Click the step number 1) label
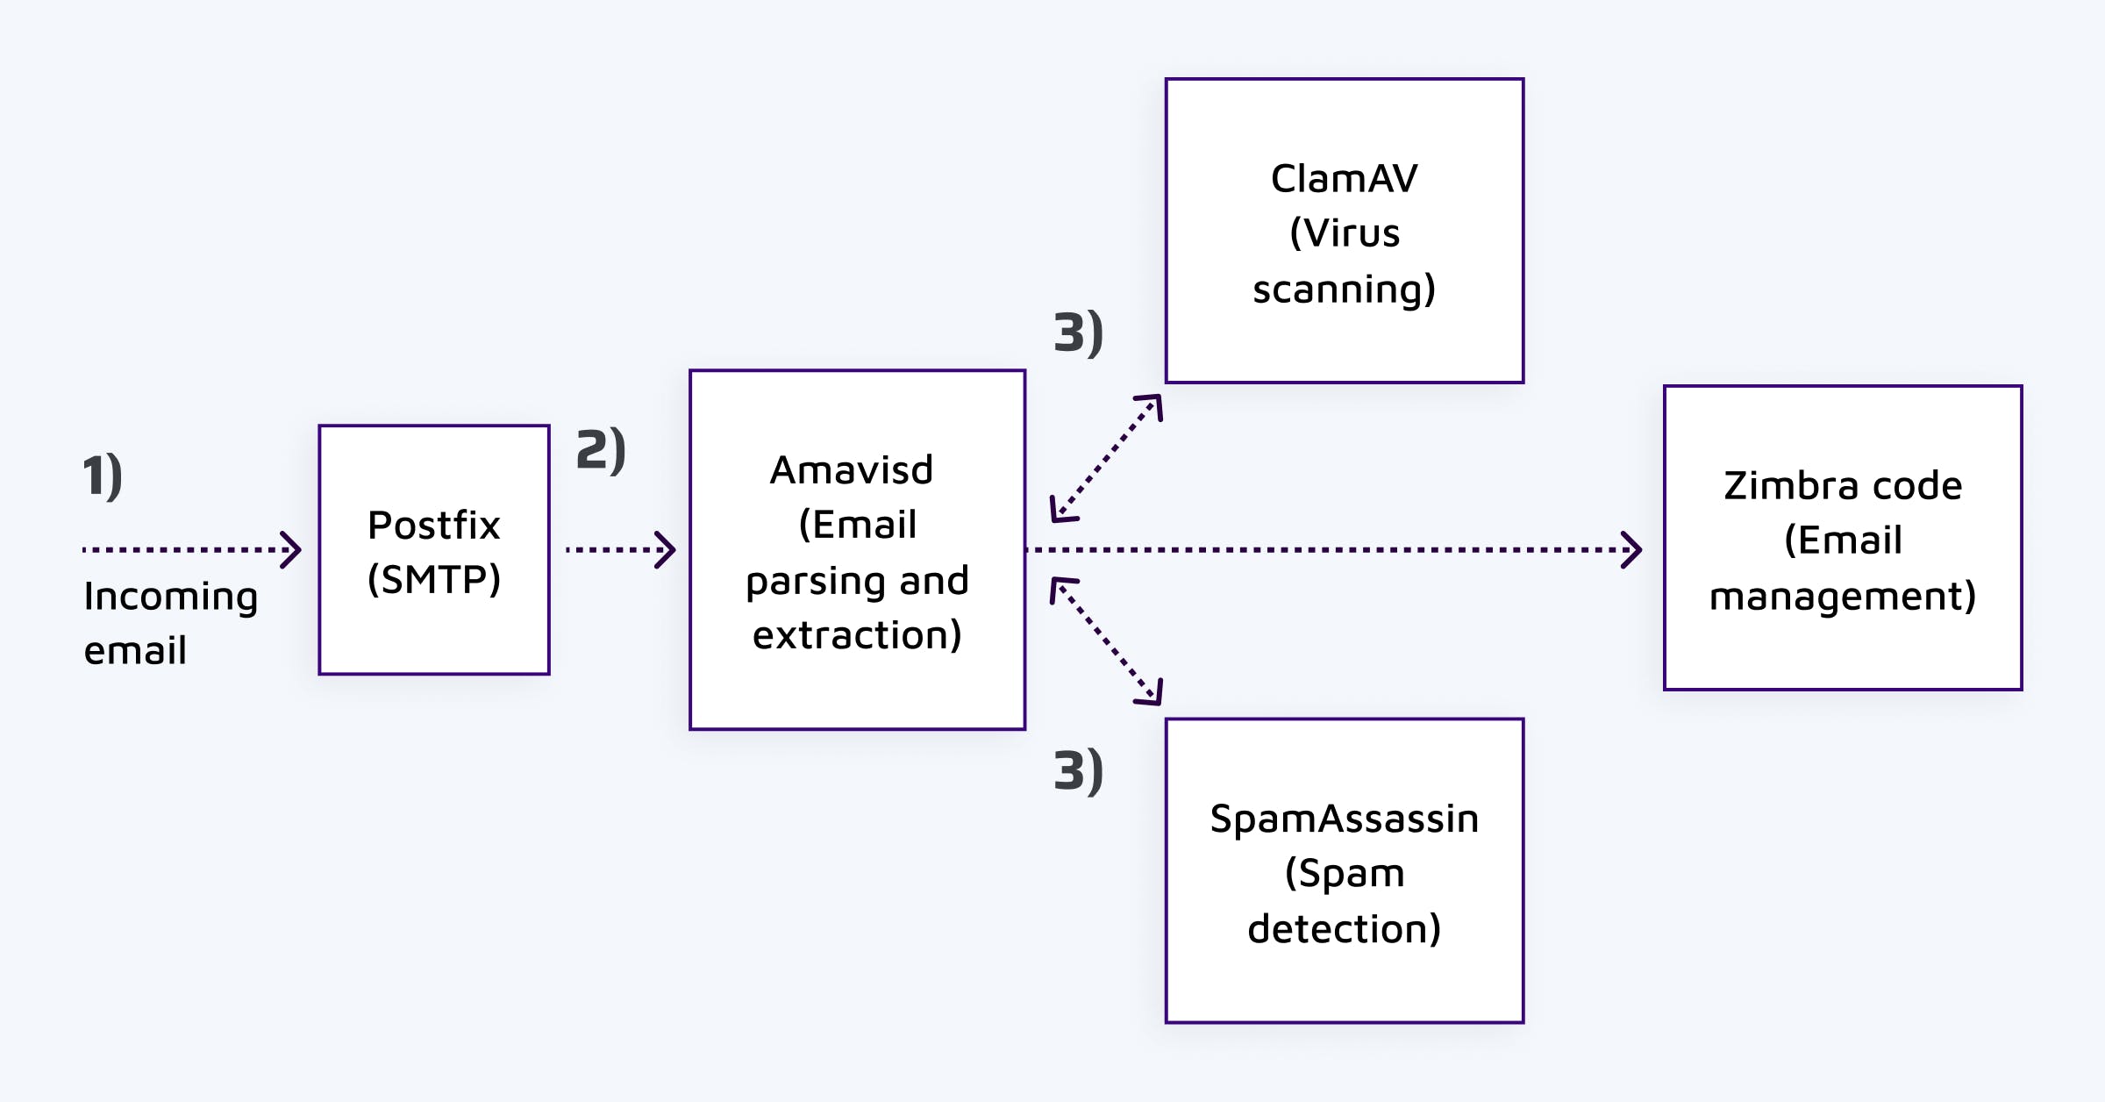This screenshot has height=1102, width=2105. pos(103,476)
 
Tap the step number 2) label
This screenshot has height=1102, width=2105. pos(601,450)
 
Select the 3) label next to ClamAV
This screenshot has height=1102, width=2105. pos(1078,333)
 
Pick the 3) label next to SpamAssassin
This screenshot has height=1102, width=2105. pos(1078,772)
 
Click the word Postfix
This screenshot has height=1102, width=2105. pos(434,526)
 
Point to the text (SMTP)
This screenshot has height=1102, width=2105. pos(434,580)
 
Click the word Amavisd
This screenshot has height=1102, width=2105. pos(852,470)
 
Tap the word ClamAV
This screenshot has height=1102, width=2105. pos(1344,179)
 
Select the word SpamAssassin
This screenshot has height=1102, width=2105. pos(1344,819)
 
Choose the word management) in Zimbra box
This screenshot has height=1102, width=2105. pos(1842,597)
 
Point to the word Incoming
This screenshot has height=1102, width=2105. pos(171,598)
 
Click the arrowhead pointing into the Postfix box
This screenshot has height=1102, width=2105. pos(291,550)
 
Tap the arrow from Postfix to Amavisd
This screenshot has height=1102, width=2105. pos(621,550)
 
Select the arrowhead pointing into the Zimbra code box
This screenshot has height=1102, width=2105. pos(1631,550)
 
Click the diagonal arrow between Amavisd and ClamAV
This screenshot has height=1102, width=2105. pos(1107,458)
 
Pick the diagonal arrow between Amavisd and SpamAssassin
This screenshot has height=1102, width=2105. pos(1107,641)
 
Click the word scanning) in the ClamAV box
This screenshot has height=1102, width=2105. pos(1344,290)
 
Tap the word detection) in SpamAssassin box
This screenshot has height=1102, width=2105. pos(1344,929)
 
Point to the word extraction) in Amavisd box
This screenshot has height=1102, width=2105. pos(857,635)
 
